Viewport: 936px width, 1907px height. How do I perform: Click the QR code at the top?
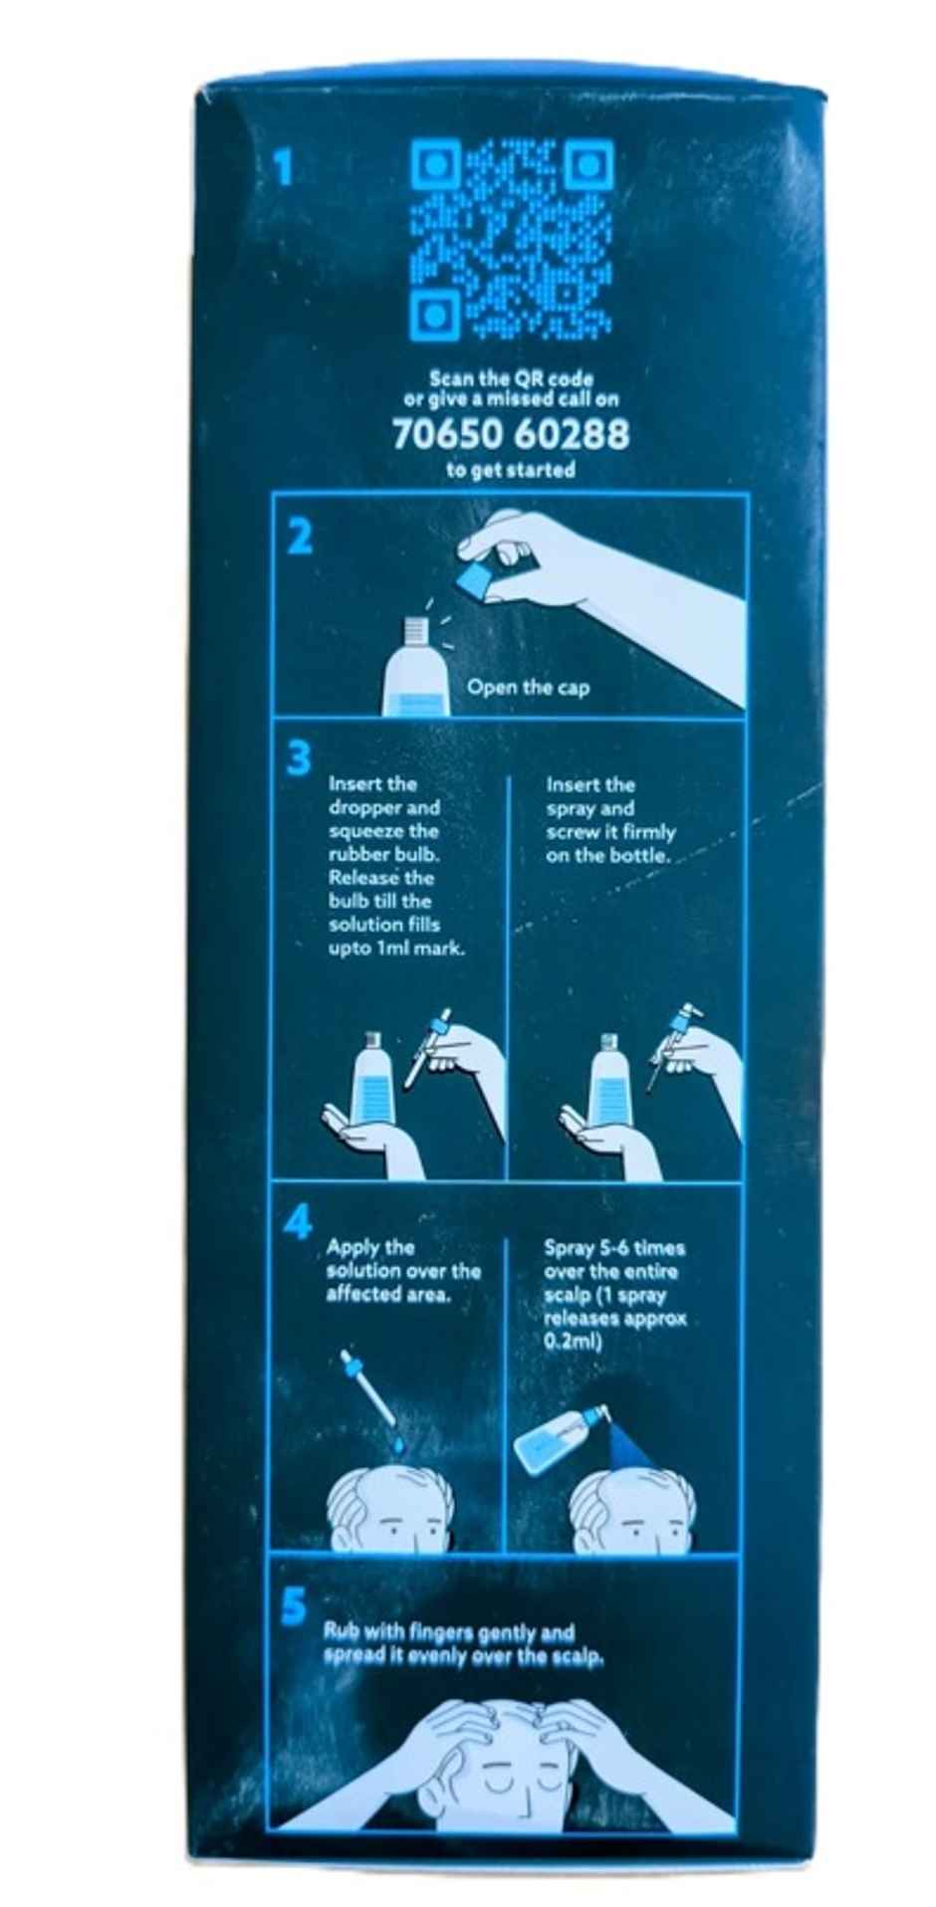tap(512, 240)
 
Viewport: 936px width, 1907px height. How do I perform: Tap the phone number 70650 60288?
tap(511, 435)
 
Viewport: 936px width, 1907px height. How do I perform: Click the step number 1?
tap(284, 167)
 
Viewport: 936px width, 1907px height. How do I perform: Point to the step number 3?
tap(299, 758)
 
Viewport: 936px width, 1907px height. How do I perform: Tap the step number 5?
tap(294, 1606)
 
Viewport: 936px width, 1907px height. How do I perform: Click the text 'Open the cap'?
tap(528, 688)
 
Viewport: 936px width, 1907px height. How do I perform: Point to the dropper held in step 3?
tap(426, 1047)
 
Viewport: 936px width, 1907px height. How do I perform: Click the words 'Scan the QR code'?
tap(511, 379)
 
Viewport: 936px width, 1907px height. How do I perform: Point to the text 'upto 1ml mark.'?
tap(396, 950)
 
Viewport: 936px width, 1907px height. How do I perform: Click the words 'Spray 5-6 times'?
tap(614, 1248)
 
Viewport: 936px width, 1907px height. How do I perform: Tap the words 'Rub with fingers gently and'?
tap(449, 1633)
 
